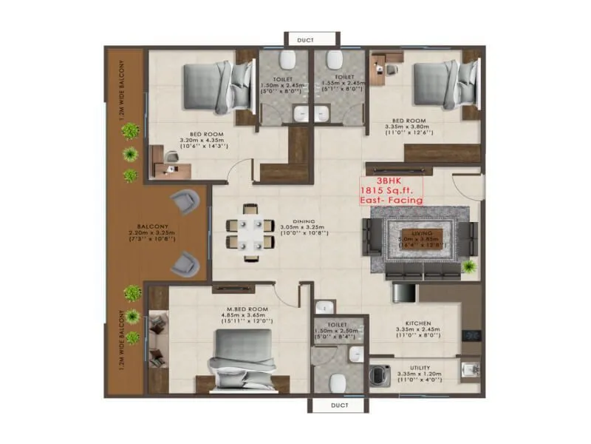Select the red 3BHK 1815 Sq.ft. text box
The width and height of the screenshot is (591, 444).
point(391,190)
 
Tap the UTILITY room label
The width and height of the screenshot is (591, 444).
point(418,369)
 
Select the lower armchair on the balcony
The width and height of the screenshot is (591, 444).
point(185,261)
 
